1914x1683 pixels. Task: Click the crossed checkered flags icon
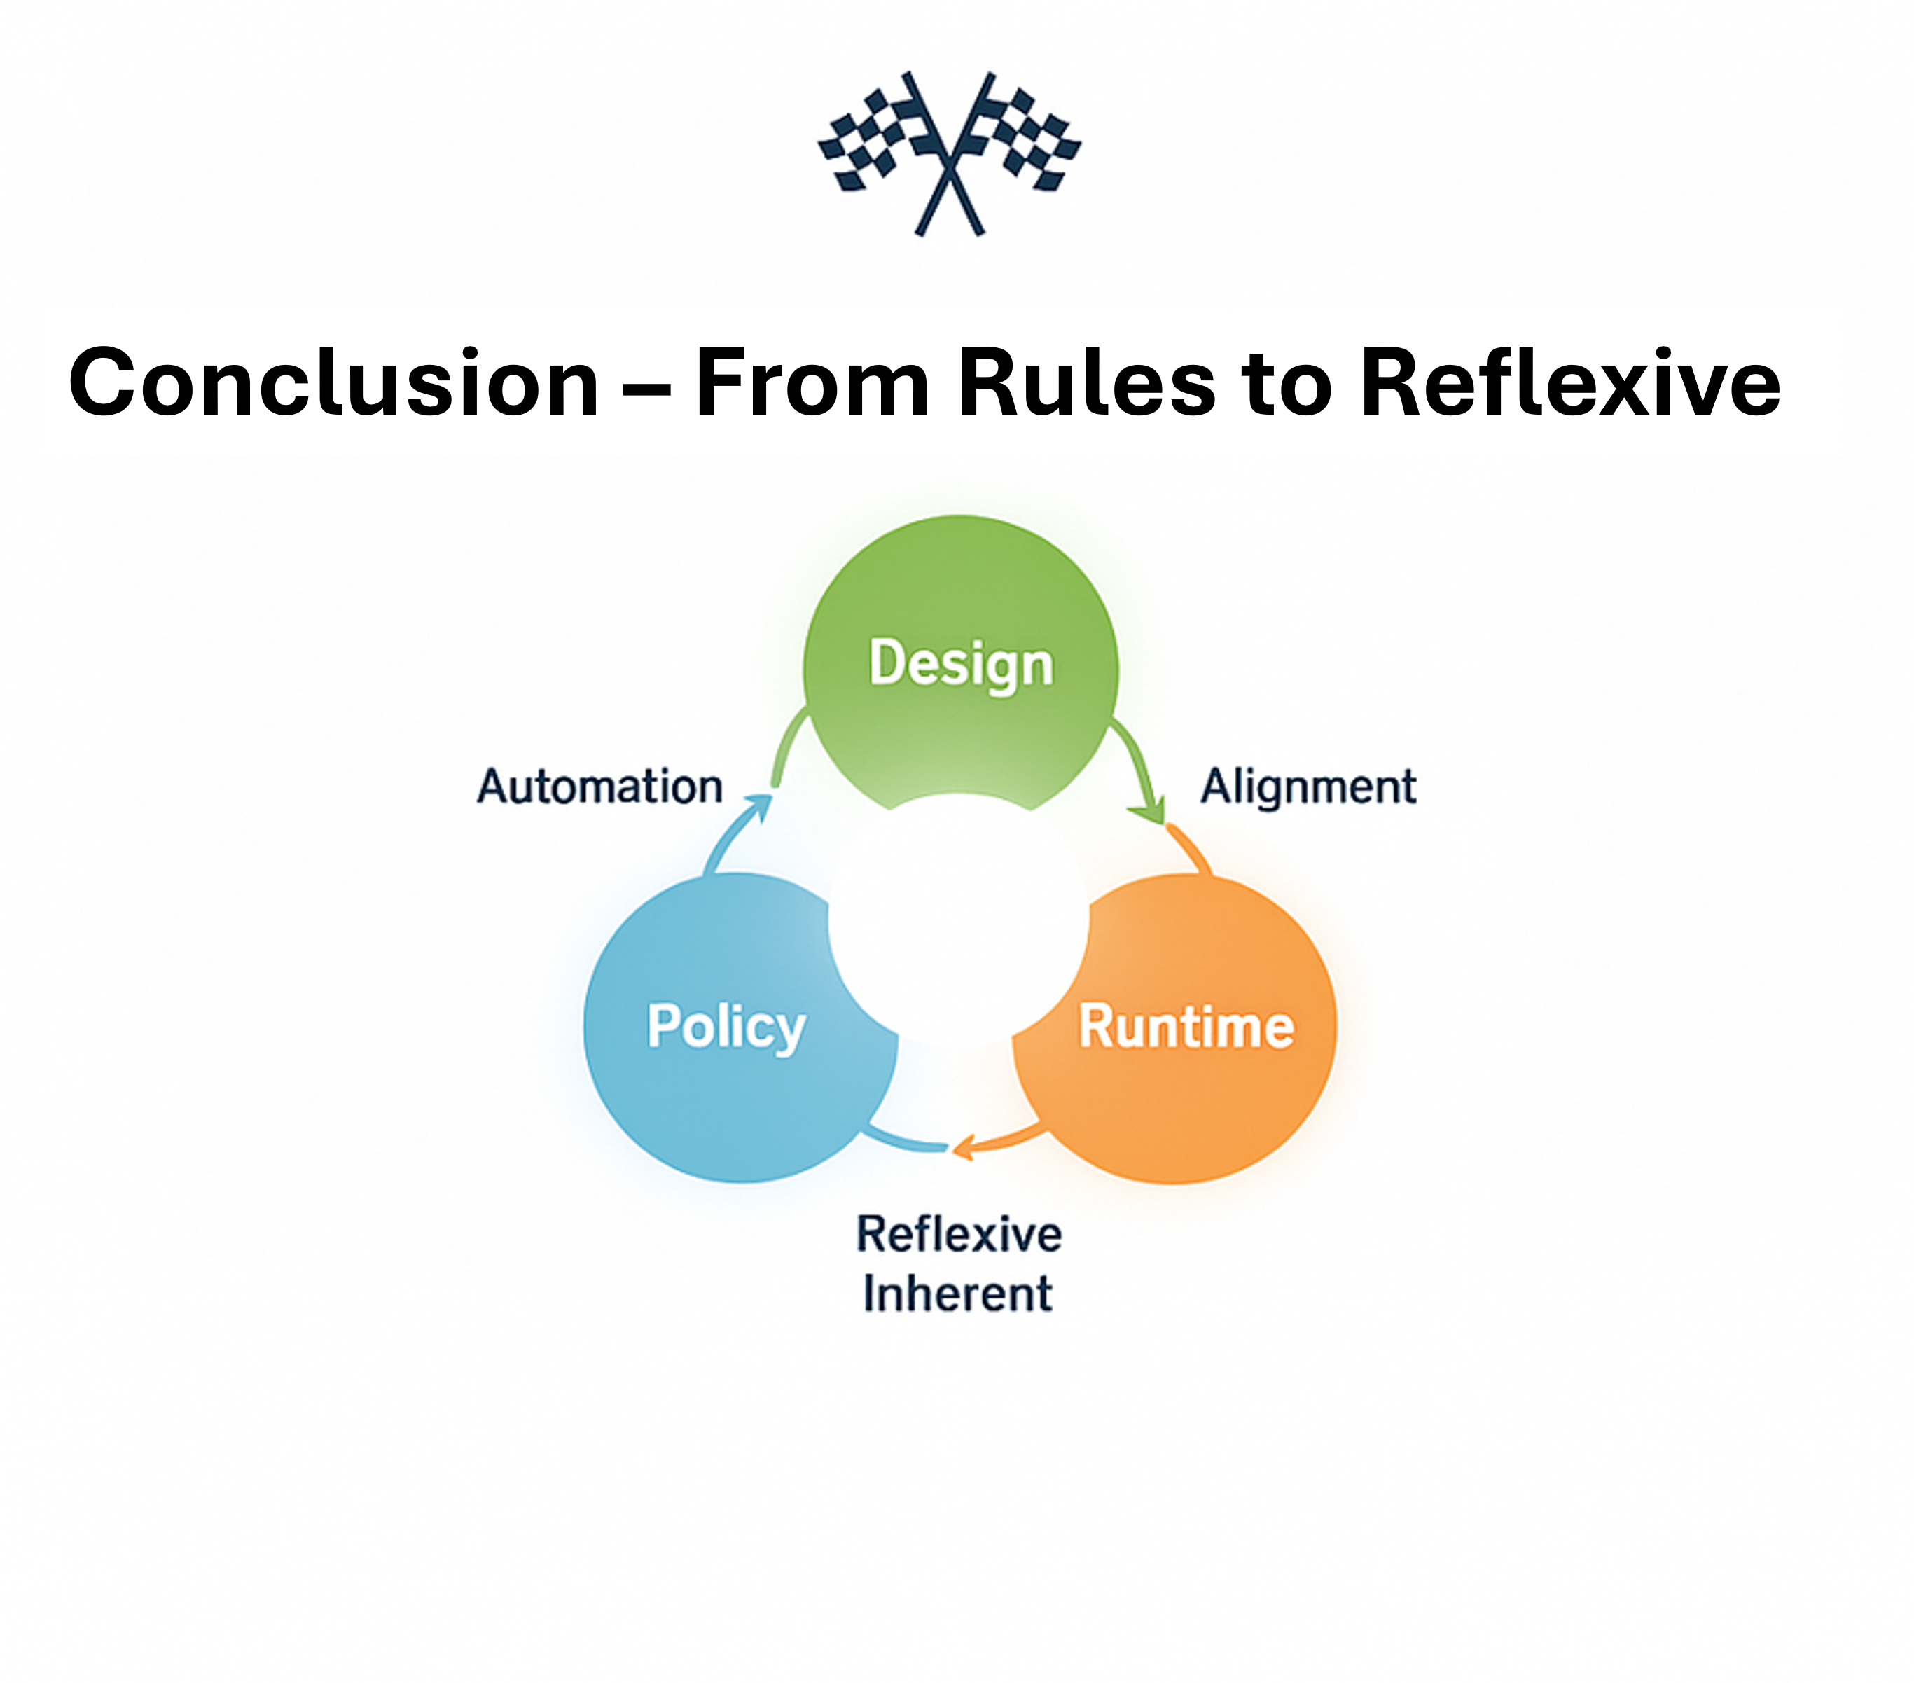[950, 153]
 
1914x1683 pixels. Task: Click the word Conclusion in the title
[334, 383]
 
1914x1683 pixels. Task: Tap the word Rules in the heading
[1086, 383]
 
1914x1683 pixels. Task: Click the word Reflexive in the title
[1569, 383]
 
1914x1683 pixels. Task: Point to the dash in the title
[647, 389]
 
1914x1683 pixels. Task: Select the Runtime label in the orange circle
[1186, 1027]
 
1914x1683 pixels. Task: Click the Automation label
[599, 787]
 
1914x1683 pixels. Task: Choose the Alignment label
[1308, 787]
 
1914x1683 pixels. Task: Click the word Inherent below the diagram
[957, 1294]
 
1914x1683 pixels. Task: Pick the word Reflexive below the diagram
[959, 1234]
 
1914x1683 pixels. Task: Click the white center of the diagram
[957, 922]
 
